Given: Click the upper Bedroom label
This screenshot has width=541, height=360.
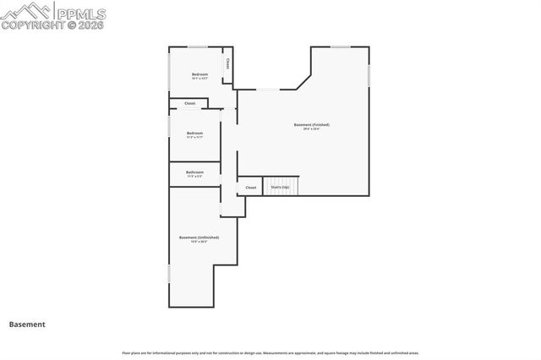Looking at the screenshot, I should (x=199, y=74).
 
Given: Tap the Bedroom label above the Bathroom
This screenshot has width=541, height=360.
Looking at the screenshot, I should (x=194, y=134).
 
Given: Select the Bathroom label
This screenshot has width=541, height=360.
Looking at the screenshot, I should (x=194, y=172).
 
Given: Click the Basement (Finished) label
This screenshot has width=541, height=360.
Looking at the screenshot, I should (x=311, y=125).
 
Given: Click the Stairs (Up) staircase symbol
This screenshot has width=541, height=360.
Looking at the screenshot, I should (x=281, y=187).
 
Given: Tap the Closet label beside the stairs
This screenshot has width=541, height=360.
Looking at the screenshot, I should (x=251, y=188).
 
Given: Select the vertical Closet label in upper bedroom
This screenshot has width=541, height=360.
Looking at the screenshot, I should (x=227, y=64).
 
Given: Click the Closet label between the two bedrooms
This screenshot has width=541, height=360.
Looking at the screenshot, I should (x=189, y=104).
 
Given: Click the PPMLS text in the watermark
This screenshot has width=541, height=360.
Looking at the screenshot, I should (x=83, y=12).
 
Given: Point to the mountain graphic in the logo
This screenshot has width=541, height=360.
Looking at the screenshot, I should (x=26, y=11).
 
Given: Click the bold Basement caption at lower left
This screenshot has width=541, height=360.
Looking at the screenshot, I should (x=27, y=325).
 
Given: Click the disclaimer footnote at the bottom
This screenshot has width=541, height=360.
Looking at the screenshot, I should (x=270, y=352).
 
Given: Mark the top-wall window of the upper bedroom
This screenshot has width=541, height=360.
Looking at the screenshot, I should (x=198, y=46).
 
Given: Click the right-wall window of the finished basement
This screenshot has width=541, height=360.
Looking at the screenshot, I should (x=369, y=75).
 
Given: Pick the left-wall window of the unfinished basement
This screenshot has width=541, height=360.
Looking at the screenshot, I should (x=169, y=274).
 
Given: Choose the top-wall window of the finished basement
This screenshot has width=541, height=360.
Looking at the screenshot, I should (x=341, y=46).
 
